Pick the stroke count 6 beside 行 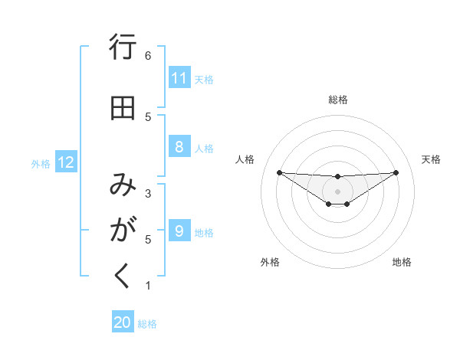click(148, 56)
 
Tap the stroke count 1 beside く click(148, 286)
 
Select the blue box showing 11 click(179, 78)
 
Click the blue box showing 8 click(179, 147)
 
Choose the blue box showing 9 click(179, 231)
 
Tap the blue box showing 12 click(65, 162)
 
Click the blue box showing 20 click(123, 322)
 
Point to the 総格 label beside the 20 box click(147, 324)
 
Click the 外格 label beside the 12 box click(41, 163)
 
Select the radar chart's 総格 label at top click(337, 100)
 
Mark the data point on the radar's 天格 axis click(396, 172)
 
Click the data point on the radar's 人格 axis click(279, 172)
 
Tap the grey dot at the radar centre click(337, 191)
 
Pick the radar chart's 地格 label click(402, 262)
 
